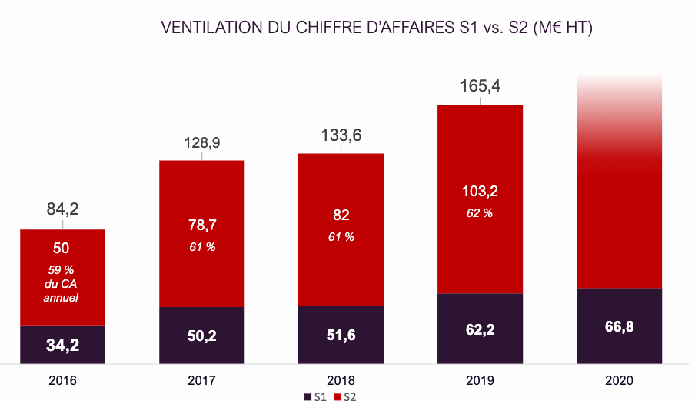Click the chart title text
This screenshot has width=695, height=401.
(x=376, y=28)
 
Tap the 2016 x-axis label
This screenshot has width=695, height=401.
(x=62, y=380)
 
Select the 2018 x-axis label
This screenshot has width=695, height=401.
(x=341, y=380)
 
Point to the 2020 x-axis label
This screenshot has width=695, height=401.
(x=619, y=380)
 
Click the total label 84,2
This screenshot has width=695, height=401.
(x=63, y=209)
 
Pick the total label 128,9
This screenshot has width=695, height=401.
(x=201, y=143)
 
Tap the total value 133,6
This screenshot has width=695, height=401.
(x=341, y=136)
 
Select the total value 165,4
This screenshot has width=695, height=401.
(x=481, y=86)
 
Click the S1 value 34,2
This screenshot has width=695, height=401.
(x=62, y=345)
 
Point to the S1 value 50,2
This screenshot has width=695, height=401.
(x=201, y=336)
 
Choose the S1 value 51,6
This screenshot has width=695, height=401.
(x=341, y=335)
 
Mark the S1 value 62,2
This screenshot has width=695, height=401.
(x=481, y=329)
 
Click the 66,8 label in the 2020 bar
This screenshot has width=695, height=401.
(x=619, y=326)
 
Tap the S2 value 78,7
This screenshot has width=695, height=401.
(x=201, y=226)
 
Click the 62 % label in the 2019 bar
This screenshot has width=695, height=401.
(x=481, y=212)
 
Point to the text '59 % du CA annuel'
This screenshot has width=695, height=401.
(x=62, y=284)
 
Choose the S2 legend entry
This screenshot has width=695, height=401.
(x=344, y=396)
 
